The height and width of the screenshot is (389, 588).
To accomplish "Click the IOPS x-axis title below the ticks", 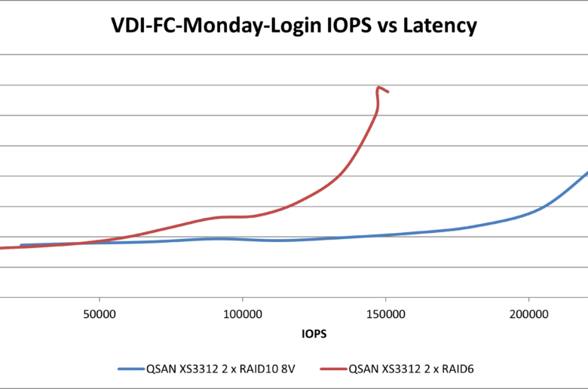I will click(314, 332).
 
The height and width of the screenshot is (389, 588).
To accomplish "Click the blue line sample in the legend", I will click(136, 369).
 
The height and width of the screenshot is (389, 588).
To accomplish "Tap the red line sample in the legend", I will click(329, 369).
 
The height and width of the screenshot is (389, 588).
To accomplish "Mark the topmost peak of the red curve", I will click(378, 87).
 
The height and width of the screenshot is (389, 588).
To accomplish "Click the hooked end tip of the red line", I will click(388, 93).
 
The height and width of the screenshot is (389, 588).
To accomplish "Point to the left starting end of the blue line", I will click(21, 245).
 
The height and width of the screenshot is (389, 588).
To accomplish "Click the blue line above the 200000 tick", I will click(528, 213).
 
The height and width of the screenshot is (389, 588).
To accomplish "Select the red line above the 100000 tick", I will click(243, 216).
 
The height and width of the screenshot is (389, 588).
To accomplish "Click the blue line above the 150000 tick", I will click(386, 235).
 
